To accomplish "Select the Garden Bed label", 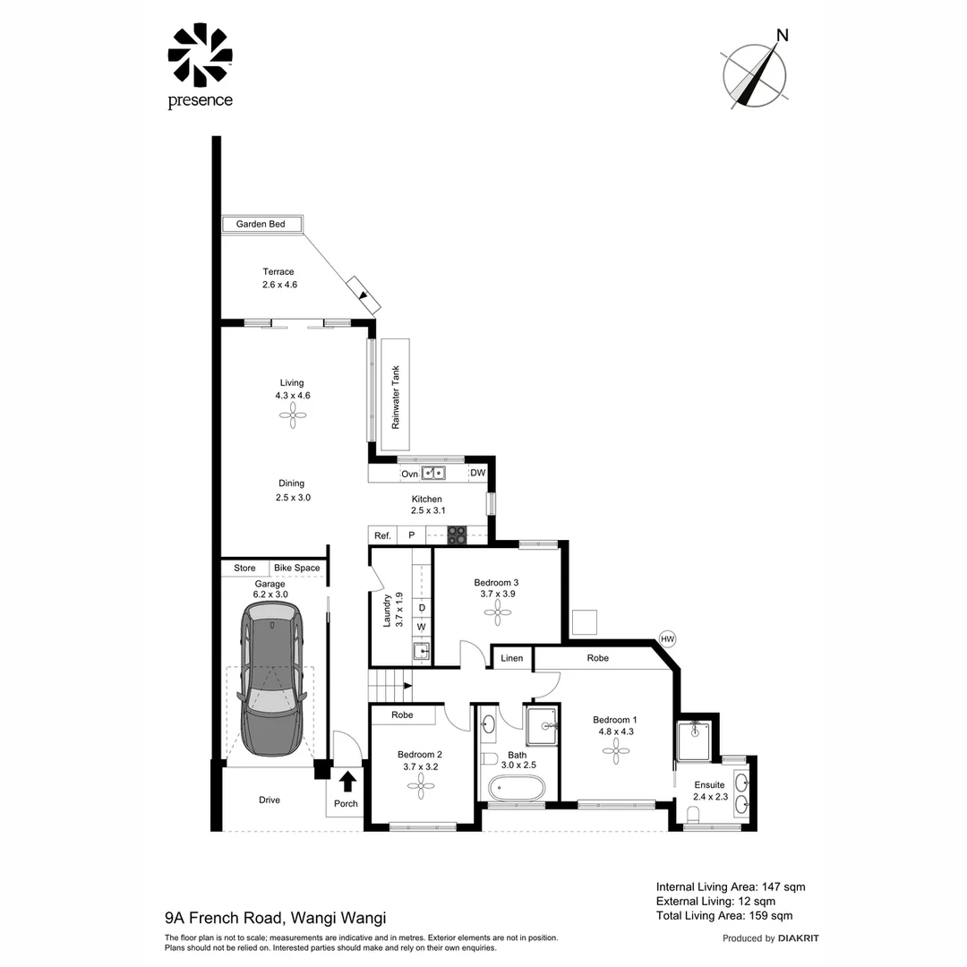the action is click(x=261, y=224).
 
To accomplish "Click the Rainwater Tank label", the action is click(x=396, y=396).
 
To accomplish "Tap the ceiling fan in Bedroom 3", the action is click(x=498, y=612).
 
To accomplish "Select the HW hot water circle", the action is click(x=667, y=638).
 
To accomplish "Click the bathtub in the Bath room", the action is click(x=516, y=790).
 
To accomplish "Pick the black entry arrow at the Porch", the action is click(x=347, y=781).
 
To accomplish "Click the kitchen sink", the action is click(x=434, y=473).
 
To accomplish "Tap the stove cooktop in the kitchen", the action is click(x=457, y=535).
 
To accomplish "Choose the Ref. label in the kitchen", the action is click(x=382, y=535).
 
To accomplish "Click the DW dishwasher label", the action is click(x=478, y=473).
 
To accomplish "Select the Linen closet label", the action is click(x=511, y=658).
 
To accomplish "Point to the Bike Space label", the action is click(x=296, y=569).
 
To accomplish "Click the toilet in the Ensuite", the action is click(x=692, y=814).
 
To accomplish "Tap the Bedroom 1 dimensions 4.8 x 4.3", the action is click(x=616, y=732).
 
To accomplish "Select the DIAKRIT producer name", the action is click(x=799, y=938).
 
